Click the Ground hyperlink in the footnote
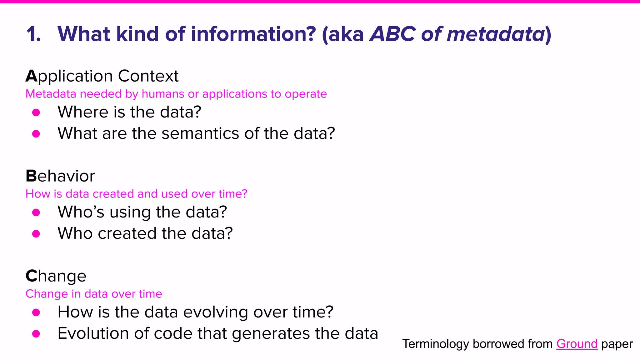coord(577,344)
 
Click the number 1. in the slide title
coord(34,34)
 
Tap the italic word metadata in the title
coord(496,34)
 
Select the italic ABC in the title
coord(393,34)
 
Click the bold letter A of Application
coord(31,76)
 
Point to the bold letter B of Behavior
coord(31,176)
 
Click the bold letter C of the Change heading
coord(31,276)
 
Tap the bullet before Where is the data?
coord(36,112)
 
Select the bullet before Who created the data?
coord(36,234)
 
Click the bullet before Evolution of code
coord(36,334)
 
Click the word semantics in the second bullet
coord(200,133)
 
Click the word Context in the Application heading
coord(148,76)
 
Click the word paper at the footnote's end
coord(617,344)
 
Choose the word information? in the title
coord(253,34)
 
